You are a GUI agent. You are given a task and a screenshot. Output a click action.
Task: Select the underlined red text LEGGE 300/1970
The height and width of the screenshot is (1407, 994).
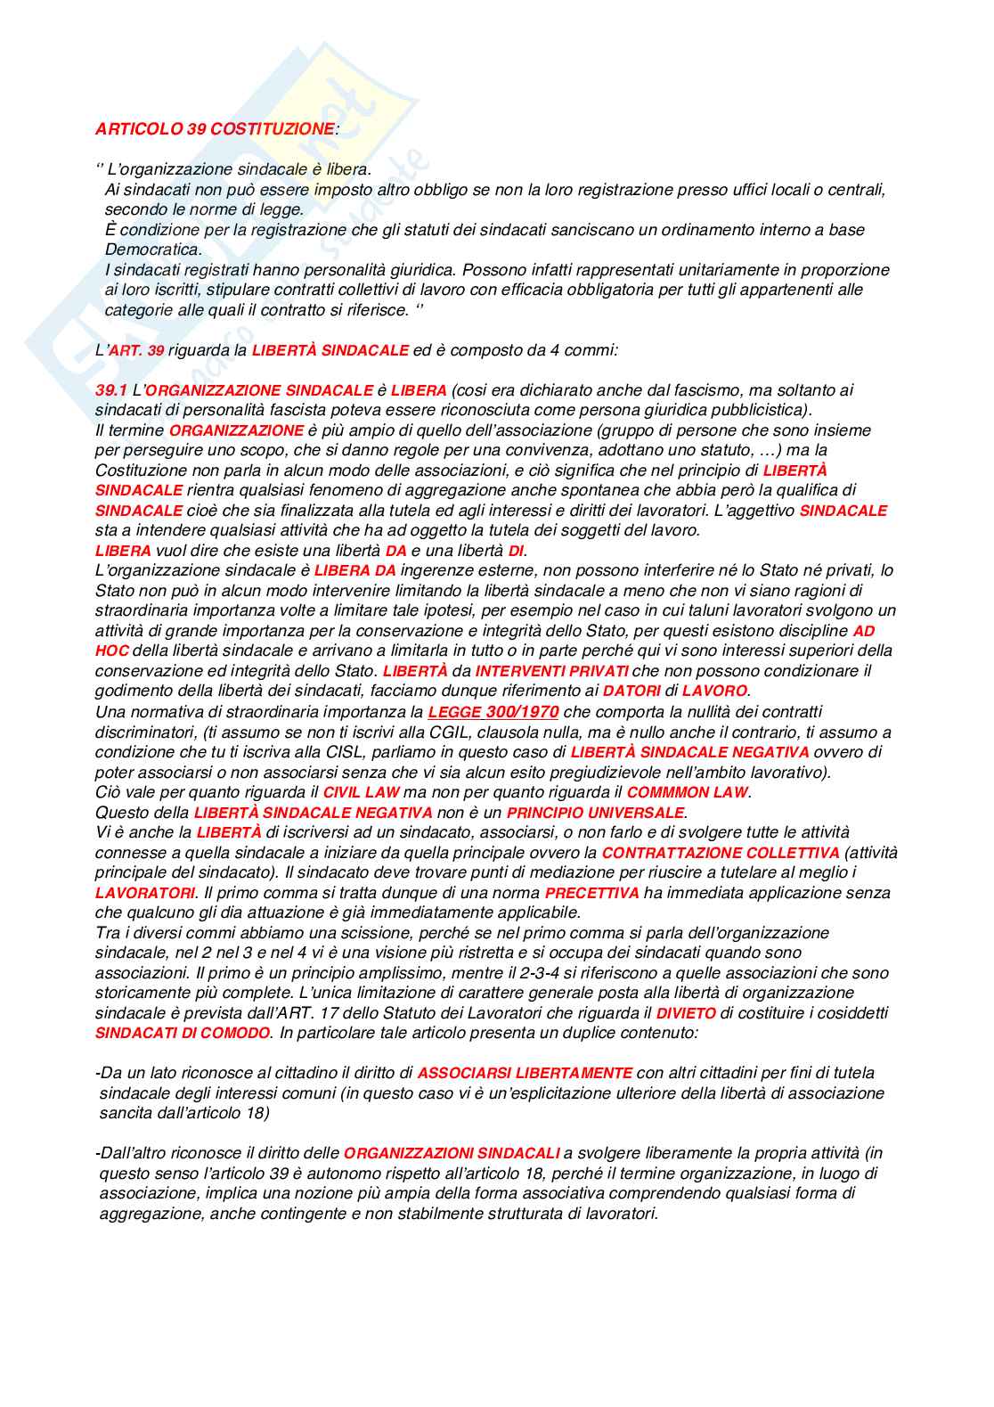(493, 712)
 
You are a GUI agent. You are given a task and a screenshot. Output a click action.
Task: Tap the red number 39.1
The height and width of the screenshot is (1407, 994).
(111, 390)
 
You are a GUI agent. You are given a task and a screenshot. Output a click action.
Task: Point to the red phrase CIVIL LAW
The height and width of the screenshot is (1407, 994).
(361, 792)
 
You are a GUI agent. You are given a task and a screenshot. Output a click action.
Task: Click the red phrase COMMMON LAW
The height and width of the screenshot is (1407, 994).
(688, 792)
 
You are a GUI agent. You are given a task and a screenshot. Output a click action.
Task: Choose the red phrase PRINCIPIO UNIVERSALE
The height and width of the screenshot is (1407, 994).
(595, 813)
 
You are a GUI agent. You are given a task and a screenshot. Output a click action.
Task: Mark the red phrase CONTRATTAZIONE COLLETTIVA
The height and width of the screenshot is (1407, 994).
(721, 853)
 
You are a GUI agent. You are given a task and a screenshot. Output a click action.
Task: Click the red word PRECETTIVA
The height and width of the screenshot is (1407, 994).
(591, 893)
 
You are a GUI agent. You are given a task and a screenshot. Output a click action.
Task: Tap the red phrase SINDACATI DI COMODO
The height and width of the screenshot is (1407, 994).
(183, 1033)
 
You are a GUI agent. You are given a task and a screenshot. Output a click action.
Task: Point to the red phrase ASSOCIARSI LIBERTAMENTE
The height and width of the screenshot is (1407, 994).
(525, 1073)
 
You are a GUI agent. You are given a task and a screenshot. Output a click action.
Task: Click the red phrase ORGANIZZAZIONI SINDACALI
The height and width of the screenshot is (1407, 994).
(452, 1153)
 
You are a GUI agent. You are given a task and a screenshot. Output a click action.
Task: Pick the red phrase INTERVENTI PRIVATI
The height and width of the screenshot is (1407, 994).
(551, 671)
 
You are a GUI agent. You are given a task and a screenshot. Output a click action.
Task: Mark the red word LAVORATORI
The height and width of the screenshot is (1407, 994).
(144, 893)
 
